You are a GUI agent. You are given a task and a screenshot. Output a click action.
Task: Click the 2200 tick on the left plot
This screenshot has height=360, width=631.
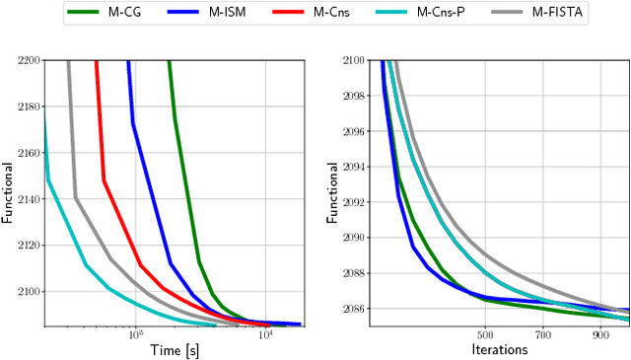[x=28, y=60]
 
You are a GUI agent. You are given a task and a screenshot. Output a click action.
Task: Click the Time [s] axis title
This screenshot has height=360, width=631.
[x=174, y=350]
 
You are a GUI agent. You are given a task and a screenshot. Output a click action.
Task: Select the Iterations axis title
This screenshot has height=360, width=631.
[x=500, y=350]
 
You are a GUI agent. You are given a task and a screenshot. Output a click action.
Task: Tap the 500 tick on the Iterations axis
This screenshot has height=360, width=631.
[x=484, y=335]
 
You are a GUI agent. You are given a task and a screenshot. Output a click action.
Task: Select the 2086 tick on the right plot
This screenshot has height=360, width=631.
[x=352, y=309]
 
